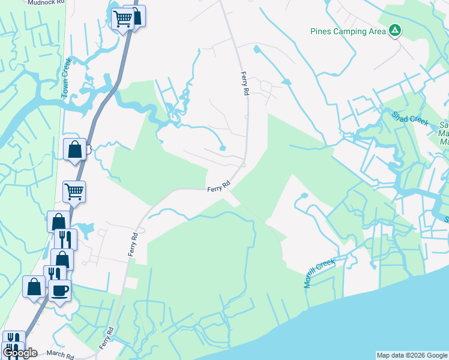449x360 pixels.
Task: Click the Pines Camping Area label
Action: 348,31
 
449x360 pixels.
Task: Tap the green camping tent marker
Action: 394,31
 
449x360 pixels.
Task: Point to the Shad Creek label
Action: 410,118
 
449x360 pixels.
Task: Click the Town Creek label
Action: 66,77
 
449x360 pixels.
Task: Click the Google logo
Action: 20,353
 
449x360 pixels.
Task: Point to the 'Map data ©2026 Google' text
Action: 412,355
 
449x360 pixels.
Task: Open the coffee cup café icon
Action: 59,292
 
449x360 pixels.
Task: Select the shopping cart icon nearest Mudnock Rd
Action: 123,19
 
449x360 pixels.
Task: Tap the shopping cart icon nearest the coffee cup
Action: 74,192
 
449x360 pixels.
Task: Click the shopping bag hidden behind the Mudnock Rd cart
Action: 136,16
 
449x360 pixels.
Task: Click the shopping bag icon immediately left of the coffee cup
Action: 34,286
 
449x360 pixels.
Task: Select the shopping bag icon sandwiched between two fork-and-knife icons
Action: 62,259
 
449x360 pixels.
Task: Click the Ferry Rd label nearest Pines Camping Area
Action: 244,84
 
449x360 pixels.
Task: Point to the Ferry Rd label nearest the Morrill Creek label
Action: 219,187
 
